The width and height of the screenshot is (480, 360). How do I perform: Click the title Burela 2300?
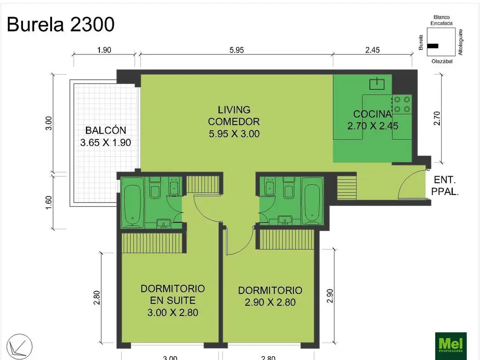61,24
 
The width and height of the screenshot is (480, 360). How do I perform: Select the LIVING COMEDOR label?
234,121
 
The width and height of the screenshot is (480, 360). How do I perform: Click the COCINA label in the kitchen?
372,114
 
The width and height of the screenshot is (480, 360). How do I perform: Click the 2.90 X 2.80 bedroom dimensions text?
270,302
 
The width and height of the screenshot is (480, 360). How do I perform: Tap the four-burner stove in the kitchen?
402,104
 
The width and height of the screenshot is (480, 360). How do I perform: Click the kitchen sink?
377,84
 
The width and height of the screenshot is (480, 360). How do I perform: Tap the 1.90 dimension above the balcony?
104,50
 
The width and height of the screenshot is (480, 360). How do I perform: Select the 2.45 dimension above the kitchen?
372,50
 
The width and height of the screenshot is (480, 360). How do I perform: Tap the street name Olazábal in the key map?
441,61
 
